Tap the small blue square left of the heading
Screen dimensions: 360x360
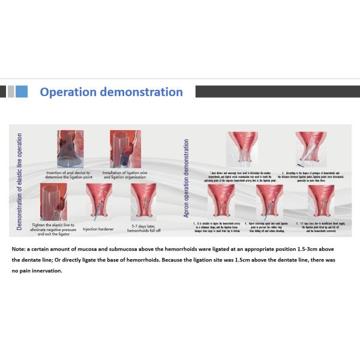(x=22, y=91)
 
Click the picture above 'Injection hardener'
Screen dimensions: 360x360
(x=98, y=202)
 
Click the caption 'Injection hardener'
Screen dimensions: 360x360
(x=98, y=228)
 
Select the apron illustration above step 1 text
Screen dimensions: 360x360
(x=241, y=149)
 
